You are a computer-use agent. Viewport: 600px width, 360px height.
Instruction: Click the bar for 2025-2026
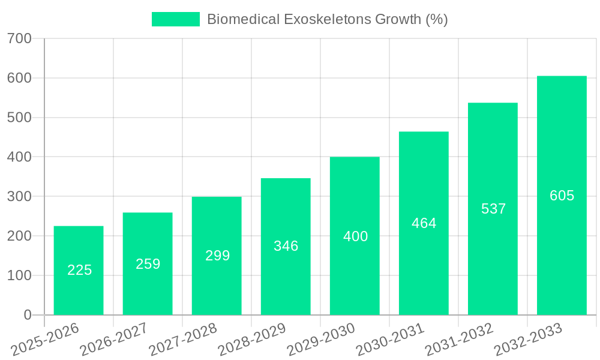pyautogui.click(x=79, y=270)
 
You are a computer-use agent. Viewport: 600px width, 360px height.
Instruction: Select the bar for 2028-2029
pyautogui.click(x=286, y=246)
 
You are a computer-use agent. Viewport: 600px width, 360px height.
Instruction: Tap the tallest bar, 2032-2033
pyautogui.click(x=562, y=195)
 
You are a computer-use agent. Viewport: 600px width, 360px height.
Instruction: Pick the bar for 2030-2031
pyautogui.click(x=424, y=223)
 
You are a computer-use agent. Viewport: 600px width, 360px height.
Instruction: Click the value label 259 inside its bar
pyautogui.click(x=148, y=264)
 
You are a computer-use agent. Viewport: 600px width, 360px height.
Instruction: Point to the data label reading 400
pyautogui.click(x=355, y=236)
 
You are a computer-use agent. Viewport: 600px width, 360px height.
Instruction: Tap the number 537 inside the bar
pyautogui.click(x=493, y=209)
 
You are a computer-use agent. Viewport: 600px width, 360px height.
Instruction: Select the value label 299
pyautogui.click(x=217, y=256)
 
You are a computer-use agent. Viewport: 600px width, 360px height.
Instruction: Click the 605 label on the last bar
pyautogui.click(x=562, y=196)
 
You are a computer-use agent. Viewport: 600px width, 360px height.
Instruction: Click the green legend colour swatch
pyautogui.click(x=175, y=19)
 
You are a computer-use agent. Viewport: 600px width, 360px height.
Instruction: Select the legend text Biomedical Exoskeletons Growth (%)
pyautogui.click(x=327, y=19)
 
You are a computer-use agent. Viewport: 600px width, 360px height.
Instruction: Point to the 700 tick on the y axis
pyautogui.click(x=19, y=38)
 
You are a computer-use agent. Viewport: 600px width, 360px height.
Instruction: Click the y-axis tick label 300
pyautogui.click(x=19, y=196)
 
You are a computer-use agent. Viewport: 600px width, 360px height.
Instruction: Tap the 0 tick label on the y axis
pyautogui.click(x=27, y=315)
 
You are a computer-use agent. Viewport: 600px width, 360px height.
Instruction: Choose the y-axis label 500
pyautogui.click(x=19, y=118)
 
